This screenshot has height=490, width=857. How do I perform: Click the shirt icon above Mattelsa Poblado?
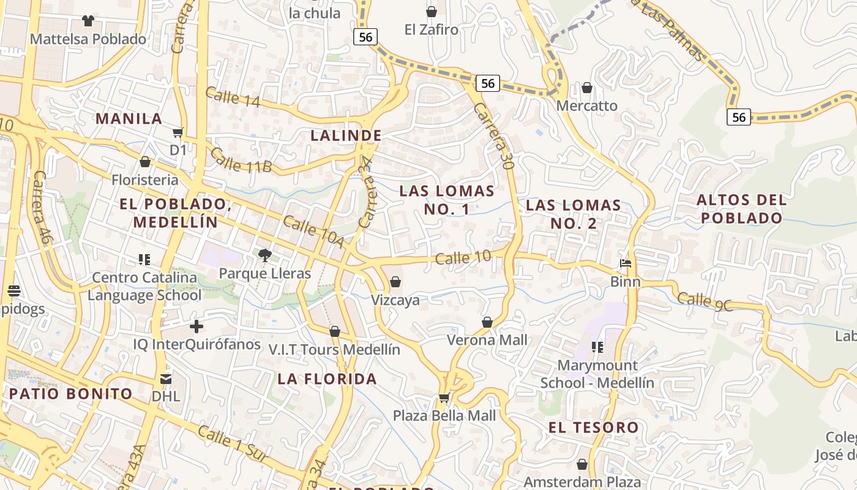pyautogui.click(x=88, y=21)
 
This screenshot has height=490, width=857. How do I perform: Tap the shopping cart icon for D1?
pyautogui.click(x=178, y=132)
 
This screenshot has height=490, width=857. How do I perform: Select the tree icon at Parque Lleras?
pyautogui.click(x=264, y=255)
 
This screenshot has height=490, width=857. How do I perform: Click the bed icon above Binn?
pyautogui.click(x=625, y=264)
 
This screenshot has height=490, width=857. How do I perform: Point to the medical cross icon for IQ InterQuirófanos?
pyautogui.click(x=196, y=326)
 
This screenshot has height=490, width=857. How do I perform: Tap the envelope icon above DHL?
pyautogui.click(x=166, y=379)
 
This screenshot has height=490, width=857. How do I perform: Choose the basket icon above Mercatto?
pyautogui.click(x=587, y=88)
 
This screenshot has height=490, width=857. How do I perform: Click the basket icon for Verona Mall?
pyautogui.click(x=487, y=322)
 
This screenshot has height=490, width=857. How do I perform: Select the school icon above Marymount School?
pyautogui.click(x=597, y=348)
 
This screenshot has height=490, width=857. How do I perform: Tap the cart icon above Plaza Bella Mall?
pyautogui.click(x=444, y=399)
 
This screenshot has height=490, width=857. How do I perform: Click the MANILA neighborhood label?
pyautogui.click(x=129, y=119)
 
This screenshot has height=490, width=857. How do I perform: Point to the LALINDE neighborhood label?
pyautogui.click(x=346, y=135)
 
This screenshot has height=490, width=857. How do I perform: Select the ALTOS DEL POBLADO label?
pyautogui.click(x=741, y=209)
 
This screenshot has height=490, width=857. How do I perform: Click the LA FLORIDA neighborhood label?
pyautogui.click(x=327, y=379)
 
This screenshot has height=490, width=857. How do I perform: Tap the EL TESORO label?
pyautogui.click(x=593, y=428)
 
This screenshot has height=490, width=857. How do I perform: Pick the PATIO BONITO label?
pyautogui.click(x=70, y=393)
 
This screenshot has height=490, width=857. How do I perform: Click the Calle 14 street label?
pyautogui.click(x=233, y=97)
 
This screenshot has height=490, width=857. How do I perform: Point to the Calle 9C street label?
pyautogui.click(x=705, y=301)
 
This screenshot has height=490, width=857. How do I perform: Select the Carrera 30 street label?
pyautogui.click(x=493, y=136)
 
